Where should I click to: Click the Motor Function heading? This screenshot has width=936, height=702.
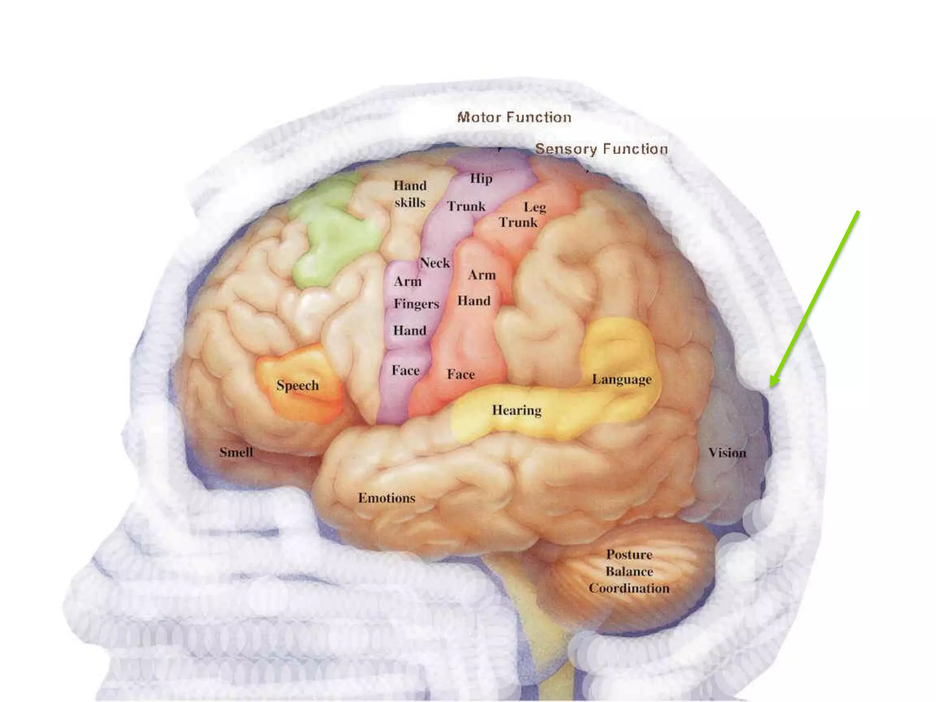514,117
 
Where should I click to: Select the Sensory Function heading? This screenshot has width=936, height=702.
601,149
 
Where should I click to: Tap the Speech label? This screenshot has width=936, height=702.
298,385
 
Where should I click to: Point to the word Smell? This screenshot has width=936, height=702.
236,452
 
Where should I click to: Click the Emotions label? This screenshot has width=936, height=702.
387,498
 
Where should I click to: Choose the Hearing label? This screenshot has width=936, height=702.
516,410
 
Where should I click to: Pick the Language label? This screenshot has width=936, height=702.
622,379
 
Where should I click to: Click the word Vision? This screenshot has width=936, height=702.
727,452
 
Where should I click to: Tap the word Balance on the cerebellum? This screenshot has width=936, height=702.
629,571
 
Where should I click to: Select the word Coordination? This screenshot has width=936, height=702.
629,588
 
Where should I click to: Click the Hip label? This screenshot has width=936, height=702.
481,178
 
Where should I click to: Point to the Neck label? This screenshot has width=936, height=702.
435,263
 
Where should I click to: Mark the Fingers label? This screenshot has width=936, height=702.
416,303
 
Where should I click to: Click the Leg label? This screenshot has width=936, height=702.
535,207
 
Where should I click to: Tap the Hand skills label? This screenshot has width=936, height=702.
410,194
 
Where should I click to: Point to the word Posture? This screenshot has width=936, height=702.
629,554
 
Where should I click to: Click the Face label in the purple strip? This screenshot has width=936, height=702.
405,370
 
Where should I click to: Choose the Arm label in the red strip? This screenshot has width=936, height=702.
482,275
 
